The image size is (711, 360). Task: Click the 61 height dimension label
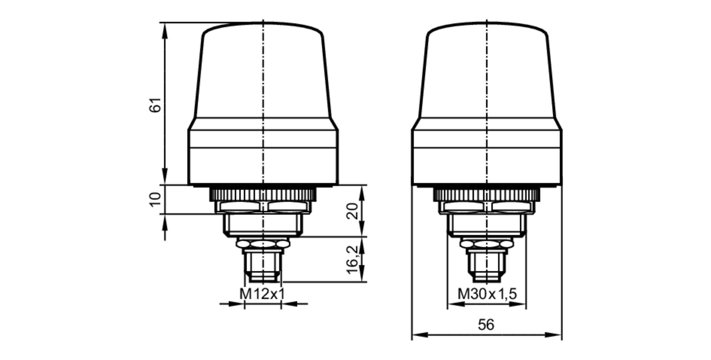pyautogui.click(x=155, y=105)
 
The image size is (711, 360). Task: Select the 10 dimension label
pyautogui.click(x=155, y=200)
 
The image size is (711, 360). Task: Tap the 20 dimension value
pyautogui.click(x=352, y=211)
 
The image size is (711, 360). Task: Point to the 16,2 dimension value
pyautogui.click(x=352, y=260)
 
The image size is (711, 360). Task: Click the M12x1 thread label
pyautogui.click(x=262, y=294)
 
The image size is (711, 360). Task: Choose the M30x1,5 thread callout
pyautogui.click(x=487, y=294)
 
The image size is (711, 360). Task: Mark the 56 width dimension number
pyautogui.click(x=486, y=325)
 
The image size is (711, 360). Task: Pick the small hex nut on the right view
pyautogui.click(x=487, y=244)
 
